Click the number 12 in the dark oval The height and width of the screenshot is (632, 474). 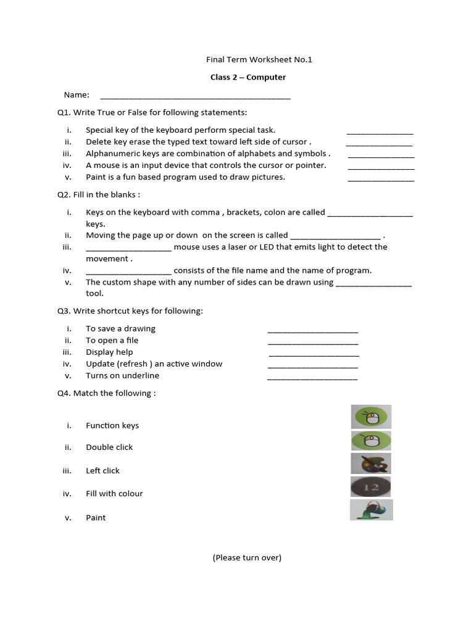371,488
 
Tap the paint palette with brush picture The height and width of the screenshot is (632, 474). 370,464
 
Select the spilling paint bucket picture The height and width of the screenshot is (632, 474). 371,510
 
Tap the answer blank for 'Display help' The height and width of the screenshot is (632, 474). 314,355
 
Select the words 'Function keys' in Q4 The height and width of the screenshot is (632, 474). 112,425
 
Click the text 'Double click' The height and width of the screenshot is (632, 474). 109,447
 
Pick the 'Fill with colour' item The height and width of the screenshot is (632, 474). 114,493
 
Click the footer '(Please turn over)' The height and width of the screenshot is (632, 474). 247,557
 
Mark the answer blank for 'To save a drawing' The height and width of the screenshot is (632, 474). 312,331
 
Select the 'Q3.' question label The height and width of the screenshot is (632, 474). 64,310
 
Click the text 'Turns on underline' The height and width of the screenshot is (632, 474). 122,375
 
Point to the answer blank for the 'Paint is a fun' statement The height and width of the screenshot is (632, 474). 381,180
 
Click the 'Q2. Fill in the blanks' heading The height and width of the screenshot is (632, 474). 99,194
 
